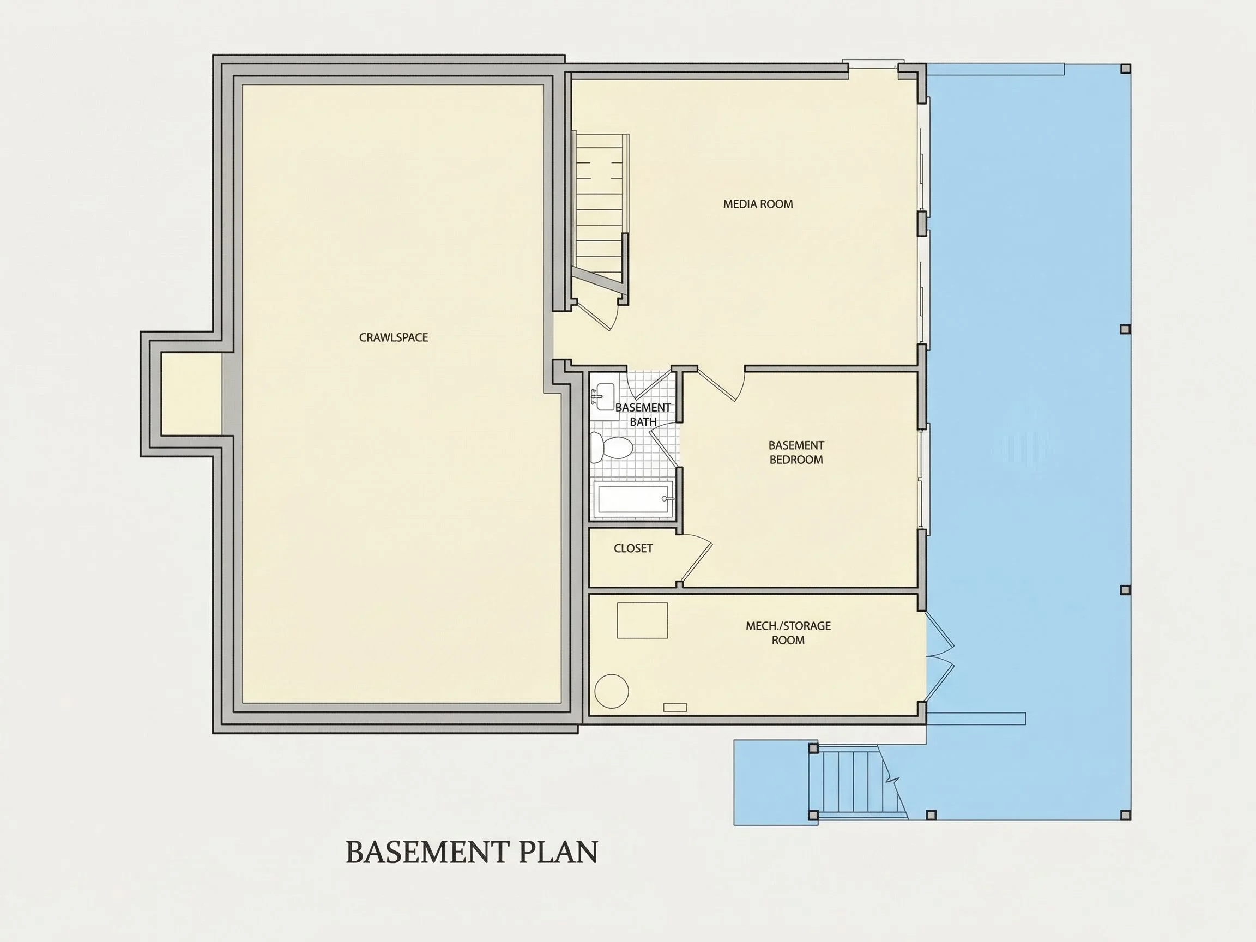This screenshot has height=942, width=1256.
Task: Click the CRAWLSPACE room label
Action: pos(394,337)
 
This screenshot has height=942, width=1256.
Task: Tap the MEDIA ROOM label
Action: pos(758,204)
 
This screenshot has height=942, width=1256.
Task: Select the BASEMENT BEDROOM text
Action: pos(796,452)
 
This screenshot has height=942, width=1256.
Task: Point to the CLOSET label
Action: pos(633,548)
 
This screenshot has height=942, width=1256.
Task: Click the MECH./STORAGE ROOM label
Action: pos(788,632)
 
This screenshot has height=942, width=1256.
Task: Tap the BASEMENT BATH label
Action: pos(643,414)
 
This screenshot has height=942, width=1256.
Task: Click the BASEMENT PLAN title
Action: pos(472,852)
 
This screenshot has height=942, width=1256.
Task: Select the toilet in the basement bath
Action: pos(611,448)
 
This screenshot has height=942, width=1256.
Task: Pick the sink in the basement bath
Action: pos(604,396)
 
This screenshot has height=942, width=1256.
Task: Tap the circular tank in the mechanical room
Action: pos(612,691)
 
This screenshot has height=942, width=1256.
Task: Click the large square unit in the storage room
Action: pos(642,620)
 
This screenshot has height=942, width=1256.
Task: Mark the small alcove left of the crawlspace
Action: pos(191,394)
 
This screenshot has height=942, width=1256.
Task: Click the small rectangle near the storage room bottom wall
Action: pos(675,708)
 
